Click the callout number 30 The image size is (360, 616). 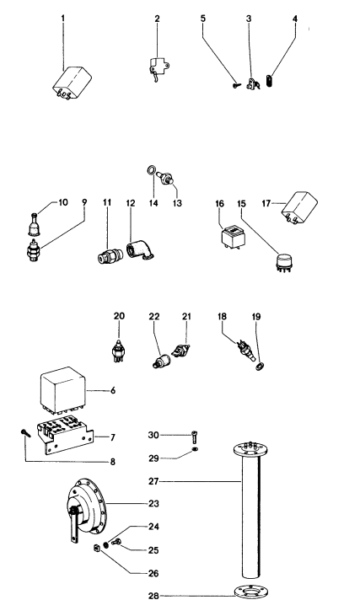pos(153,435)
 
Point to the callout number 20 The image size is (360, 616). pos(119,316)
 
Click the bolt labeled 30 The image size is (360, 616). pos(195,435)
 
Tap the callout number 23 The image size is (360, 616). pos(153,503)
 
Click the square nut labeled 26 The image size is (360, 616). pos(97,552)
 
